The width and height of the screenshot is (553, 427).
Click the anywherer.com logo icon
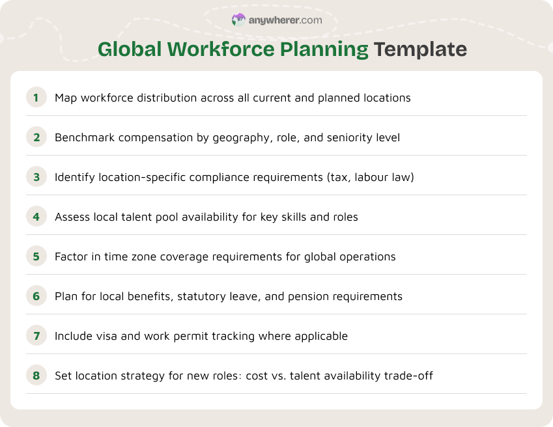tap(239, 20)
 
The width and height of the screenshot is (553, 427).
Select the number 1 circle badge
tap(36, 98)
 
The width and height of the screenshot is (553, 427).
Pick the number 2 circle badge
tap(36, 137)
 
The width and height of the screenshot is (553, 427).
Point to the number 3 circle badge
tap(36, 177)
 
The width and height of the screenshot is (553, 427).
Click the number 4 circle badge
tap(36, 217)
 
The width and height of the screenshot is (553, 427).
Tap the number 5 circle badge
tap(36, 256)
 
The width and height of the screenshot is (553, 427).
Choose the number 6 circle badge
tap(36, 296)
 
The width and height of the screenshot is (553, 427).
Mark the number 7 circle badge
tap(36, 336)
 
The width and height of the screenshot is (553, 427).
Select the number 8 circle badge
tap(36, 376)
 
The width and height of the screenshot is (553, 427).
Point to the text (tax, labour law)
tap(369, 177)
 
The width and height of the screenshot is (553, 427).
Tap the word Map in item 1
tap(66, 98)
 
